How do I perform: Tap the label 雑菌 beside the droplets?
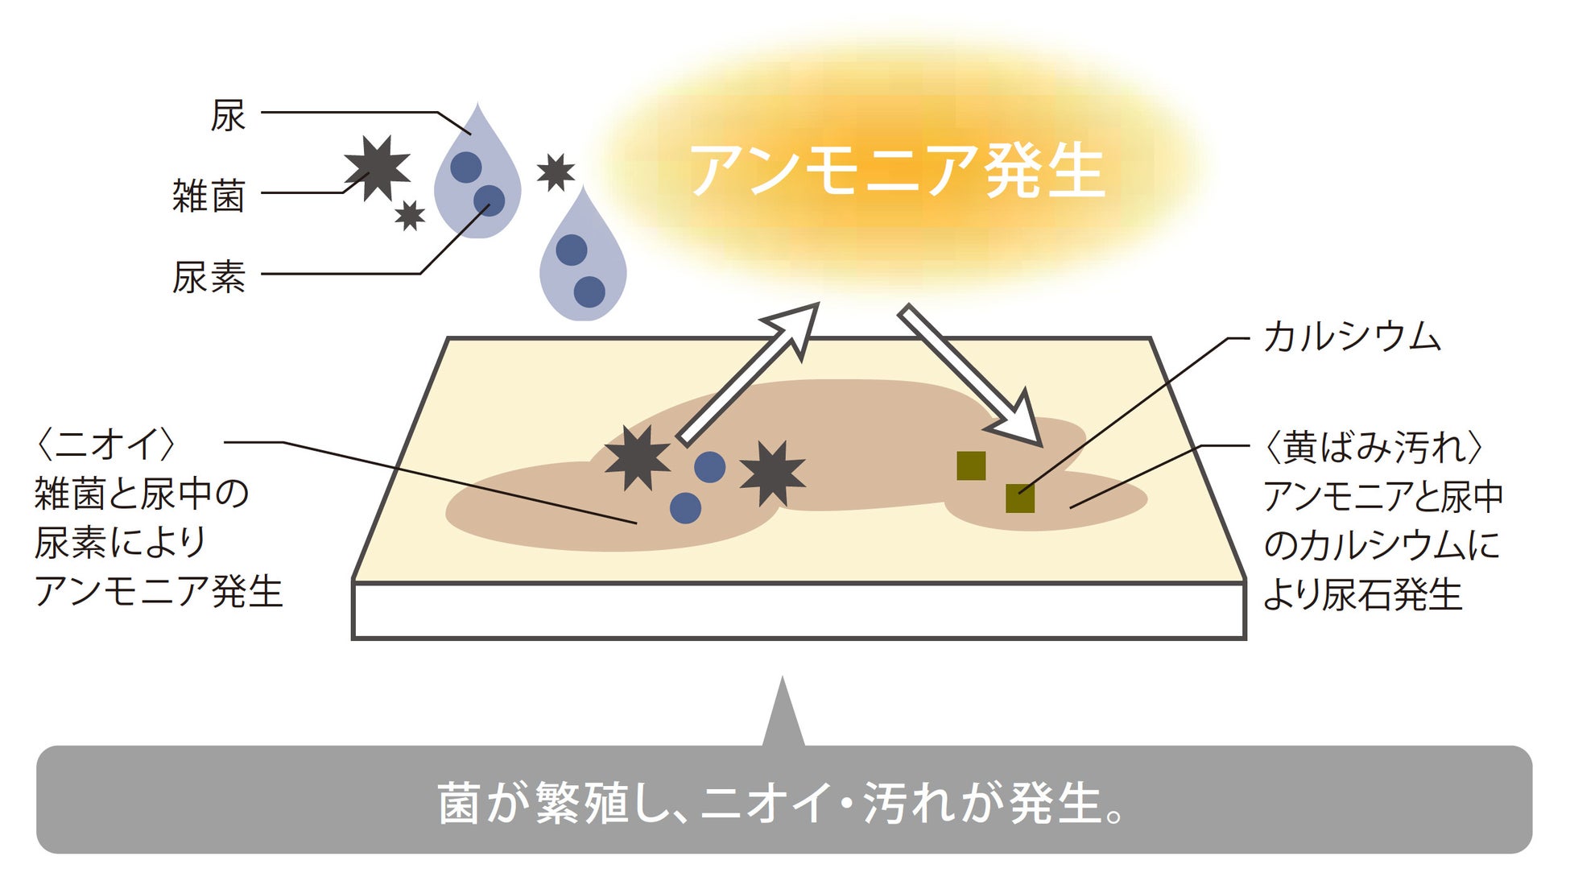208,196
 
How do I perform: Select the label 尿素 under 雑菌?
209,277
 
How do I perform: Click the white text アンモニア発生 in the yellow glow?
897,171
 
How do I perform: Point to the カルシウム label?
1352,337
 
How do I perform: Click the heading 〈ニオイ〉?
105,444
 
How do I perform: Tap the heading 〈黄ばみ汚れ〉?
1374,448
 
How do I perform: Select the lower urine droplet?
582,262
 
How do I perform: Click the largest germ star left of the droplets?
377,167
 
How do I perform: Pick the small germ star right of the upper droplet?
556,172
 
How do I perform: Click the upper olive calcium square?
971,466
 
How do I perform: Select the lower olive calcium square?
1020,498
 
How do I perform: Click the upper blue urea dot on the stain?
709,467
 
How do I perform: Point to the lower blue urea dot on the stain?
685,508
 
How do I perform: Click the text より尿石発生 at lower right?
1362,596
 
